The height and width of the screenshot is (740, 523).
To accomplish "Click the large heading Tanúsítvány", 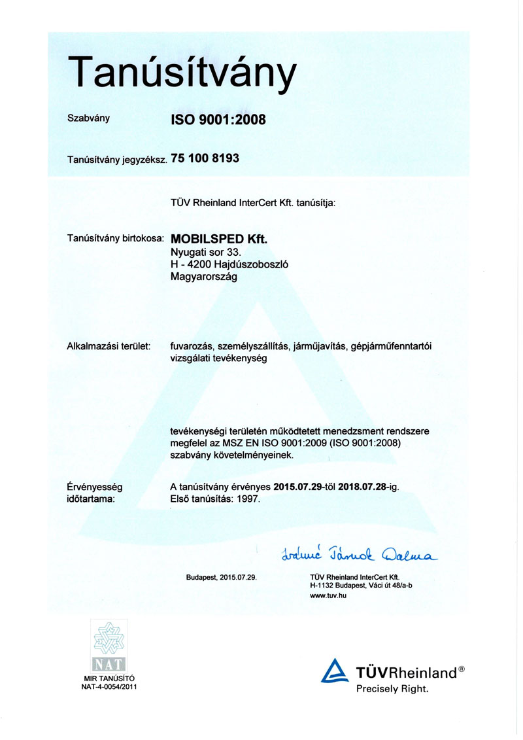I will click(182, 74).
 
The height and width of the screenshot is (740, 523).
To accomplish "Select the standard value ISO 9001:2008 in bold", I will click(218, 120).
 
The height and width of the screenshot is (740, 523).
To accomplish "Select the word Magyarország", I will click(203, 276).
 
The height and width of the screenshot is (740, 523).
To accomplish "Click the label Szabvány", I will click(88, 118).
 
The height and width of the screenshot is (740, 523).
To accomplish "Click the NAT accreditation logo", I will click(113, 648).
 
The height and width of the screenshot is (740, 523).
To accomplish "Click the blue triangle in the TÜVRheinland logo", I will click(335, 672).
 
